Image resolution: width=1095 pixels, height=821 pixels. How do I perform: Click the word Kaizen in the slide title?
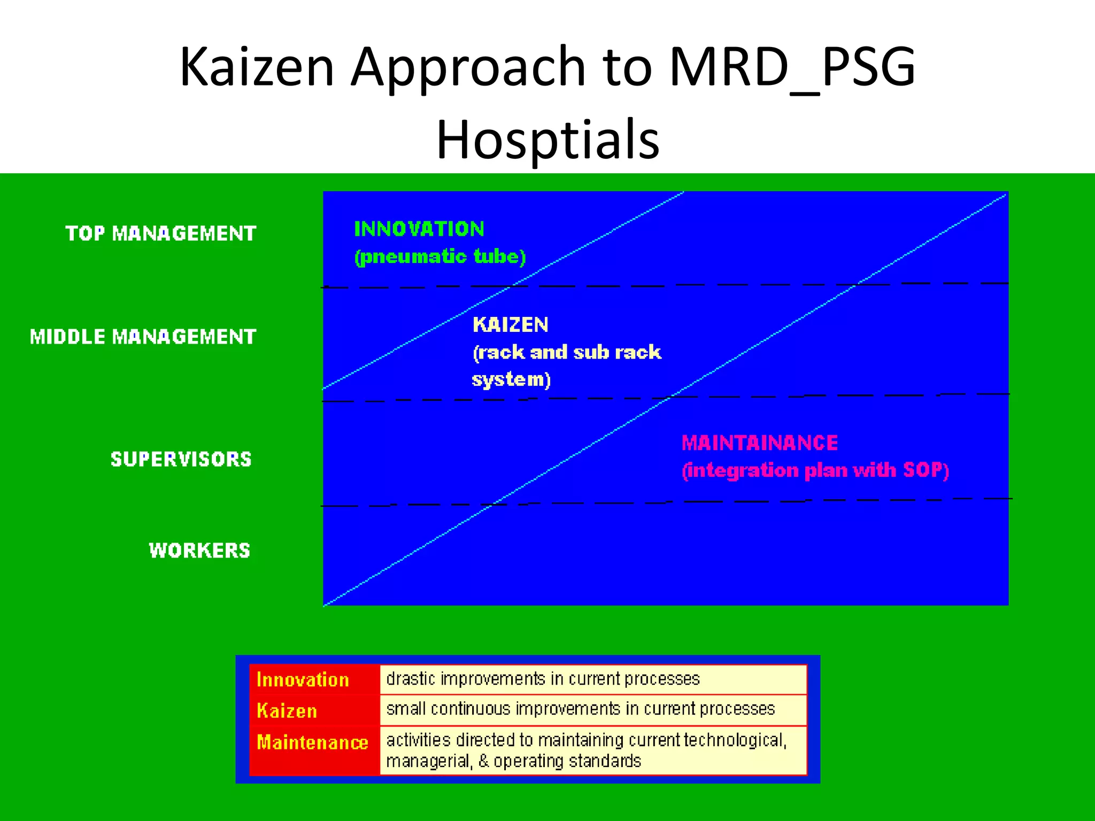pos(257,67)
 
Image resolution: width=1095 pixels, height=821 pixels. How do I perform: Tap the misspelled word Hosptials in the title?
pos(547,140)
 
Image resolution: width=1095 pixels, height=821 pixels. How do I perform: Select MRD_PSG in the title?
pos(792,67)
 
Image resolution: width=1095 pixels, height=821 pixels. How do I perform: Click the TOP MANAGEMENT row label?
pos(161,234)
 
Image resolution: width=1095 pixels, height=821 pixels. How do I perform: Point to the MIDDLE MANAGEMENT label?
pos(143,337)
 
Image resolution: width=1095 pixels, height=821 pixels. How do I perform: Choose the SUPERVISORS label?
pos(181,459)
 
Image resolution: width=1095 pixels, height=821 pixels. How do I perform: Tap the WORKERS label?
pos(199,551)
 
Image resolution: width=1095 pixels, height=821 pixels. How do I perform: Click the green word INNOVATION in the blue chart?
pos(419,229)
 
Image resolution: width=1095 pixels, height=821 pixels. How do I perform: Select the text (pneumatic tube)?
pos(440,257)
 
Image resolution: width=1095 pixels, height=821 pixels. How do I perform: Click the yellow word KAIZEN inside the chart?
pos(511,325)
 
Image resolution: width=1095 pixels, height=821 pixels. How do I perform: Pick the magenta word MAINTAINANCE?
pos(760,443)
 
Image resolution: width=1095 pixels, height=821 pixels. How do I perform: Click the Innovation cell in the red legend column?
pos(303,679)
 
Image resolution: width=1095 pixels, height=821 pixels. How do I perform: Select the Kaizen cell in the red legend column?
pos(287,711)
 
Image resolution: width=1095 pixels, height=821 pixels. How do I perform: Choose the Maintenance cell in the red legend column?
pos(312,742)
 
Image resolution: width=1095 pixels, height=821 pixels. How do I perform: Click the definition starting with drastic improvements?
pos(543,679)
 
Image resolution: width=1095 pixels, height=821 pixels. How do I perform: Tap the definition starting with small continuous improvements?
pos(580,709)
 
